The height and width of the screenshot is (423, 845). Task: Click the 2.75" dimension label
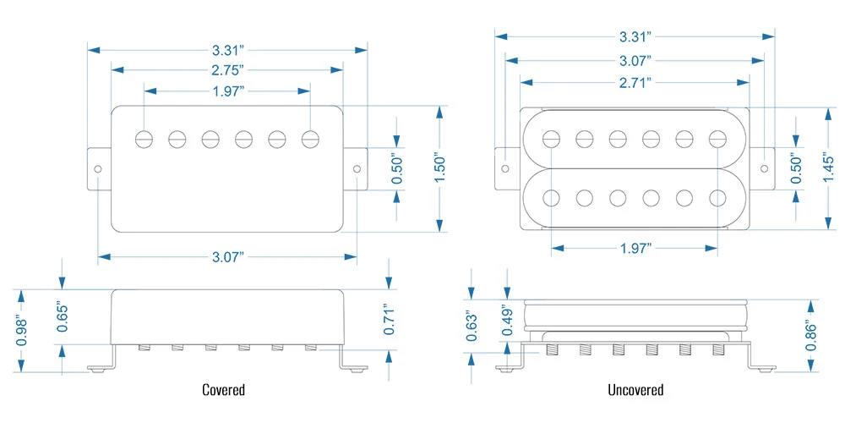click(x=227, y=68)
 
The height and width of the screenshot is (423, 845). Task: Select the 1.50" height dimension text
click(x=439, y=167)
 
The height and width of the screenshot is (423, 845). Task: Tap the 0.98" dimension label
click(x=23, y=330)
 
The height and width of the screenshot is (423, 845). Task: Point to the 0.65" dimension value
click(x=61, y=316)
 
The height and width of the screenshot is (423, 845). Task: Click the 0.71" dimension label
click(x=389, y=319)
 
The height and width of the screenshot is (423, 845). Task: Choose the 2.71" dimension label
click(x=635, y=82)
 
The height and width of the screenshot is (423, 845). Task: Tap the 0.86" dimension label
click(x=812, y=335)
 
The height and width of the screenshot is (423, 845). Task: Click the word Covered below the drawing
click(x=224, y=390)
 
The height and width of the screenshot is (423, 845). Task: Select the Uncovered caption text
click(x=635, y=390)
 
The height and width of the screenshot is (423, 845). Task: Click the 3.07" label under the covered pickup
click(x=227, y=255)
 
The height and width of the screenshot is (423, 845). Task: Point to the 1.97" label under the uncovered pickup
click(x=635, y=249)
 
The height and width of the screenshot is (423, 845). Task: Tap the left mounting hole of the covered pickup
click(x=99, y=169)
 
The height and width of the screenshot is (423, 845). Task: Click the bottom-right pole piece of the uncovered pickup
click(x=717, y=198)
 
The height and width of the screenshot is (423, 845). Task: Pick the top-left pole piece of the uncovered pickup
click(x=552, y=138)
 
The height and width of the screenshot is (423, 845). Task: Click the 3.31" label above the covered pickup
click(x=227, y=48)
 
